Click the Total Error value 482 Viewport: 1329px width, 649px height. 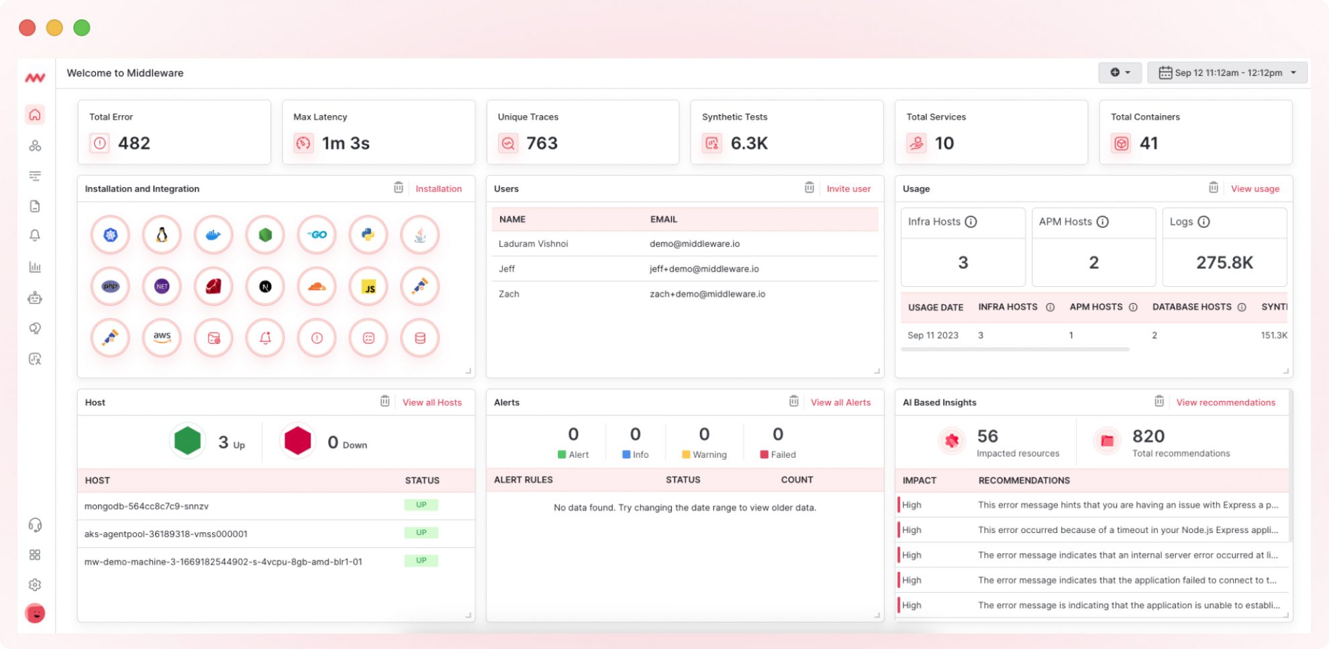click(134, 143)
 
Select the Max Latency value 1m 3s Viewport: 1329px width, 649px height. click(345, 143)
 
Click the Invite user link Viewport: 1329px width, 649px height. click(848, 189)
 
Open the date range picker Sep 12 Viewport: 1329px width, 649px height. click(1227, 72)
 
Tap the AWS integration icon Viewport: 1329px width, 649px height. click(162, 337)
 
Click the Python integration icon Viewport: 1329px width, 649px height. click(368, 235)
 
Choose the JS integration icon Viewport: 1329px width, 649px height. click(368, 286)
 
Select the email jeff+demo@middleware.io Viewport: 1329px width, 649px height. click(703, 269)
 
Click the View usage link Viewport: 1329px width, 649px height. click(1254, 189)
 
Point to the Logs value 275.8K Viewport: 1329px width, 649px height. click(1224, 262)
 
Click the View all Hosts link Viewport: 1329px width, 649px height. click(432, 402)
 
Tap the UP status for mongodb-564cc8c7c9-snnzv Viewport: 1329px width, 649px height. click(421, 505)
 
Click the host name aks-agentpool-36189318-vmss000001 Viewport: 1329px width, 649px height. click(166, 534)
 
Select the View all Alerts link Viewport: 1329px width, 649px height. click(840, 402)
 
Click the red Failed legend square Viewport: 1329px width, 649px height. click(764, 455)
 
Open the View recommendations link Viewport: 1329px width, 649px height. click(1225, 402)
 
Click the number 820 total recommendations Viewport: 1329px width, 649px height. click(1148, 436)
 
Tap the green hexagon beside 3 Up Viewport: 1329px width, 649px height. click(187, 441)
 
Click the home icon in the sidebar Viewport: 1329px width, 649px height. click(35, 115)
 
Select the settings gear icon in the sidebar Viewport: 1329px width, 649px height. click(35, 585)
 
